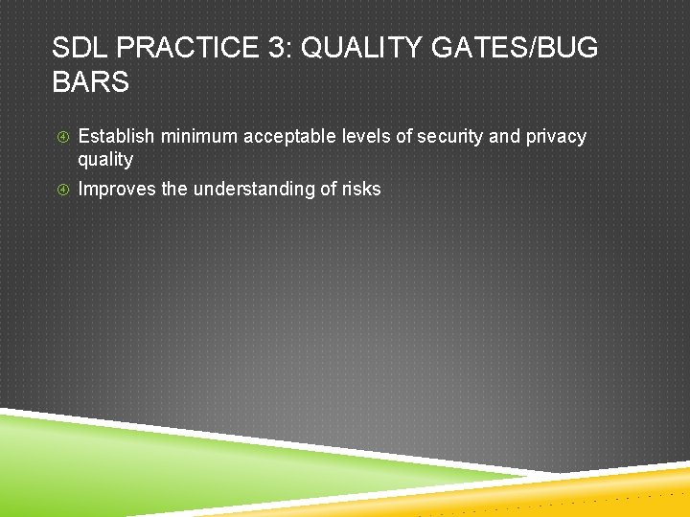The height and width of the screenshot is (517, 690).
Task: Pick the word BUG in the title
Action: (x=572, y=48)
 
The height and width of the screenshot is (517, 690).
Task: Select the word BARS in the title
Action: (x=90, y=82)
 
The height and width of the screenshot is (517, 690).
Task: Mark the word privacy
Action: (x=556, y=137)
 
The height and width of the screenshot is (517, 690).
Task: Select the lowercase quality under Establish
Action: (x=105, y=160)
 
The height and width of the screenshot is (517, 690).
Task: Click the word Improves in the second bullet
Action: (x=117, y=190)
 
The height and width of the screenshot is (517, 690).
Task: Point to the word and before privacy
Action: (x=504, y=137)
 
